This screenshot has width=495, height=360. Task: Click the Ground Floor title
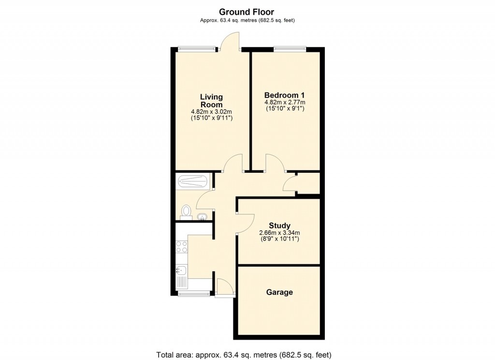point(247,12)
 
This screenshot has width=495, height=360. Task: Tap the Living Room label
point(211,101)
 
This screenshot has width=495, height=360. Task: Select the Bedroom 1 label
point(284,95)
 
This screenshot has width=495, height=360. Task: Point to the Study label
point(279,225)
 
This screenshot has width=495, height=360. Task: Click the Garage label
point(279,292)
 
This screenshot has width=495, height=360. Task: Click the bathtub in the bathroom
point(193,182)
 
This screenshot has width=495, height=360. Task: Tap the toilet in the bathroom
point(186,211)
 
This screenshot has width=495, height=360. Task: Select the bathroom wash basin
point(202,216)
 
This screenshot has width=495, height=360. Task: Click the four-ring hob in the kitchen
point(182,247)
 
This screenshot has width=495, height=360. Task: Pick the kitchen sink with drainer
point(182,277)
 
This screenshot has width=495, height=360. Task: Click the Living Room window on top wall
point(196,48)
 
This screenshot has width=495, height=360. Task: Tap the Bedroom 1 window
point(290,48)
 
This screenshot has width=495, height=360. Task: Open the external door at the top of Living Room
point(230,41)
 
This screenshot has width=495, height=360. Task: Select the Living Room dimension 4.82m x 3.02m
point(211,112)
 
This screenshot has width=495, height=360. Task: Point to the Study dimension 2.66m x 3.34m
point(279,233)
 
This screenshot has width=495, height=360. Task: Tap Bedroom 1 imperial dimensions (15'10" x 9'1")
point(284,109)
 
